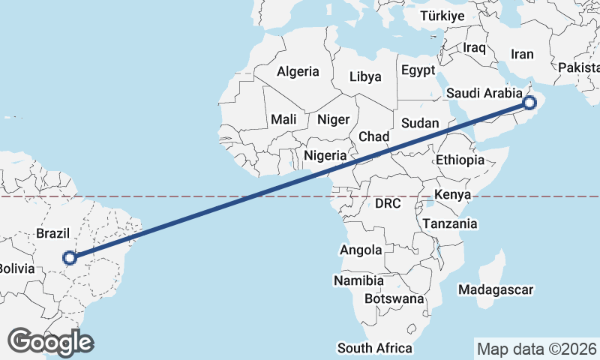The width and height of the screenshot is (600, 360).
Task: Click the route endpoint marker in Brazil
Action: pos(70,257)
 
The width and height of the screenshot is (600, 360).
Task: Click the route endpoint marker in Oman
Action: pos(529,103)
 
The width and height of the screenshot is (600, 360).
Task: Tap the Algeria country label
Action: pos(298,72)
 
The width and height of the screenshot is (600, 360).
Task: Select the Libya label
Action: pos(365,76)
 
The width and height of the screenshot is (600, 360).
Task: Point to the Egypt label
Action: pos(418,70)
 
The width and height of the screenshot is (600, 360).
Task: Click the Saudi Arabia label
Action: pos(484,93)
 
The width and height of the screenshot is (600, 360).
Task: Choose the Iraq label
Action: pos(475,47)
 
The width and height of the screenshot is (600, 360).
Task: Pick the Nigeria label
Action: pos(325,156)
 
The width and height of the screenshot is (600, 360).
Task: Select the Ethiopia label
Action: pos(460,160)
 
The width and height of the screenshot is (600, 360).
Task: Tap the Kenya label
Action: pos(451,195)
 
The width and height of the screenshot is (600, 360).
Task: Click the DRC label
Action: pos(388,203)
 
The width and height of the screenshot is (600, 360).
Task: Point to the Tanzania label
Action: pos(449,223)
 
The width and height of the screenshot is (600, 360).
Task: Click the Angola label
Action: pos(361,250)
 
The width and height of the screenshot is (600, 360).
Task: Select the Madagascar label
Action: pos(496,289)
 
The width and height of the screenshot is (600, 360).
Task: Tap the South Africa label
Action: pos(375,348)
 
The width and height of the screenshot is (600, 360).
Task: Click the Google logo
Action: pos(50,342)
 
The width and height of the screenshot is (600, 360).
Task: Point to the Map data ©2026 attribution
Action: pos(537,349)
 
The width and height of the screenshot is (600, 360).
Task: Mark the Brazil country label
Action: pos(53,233)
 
